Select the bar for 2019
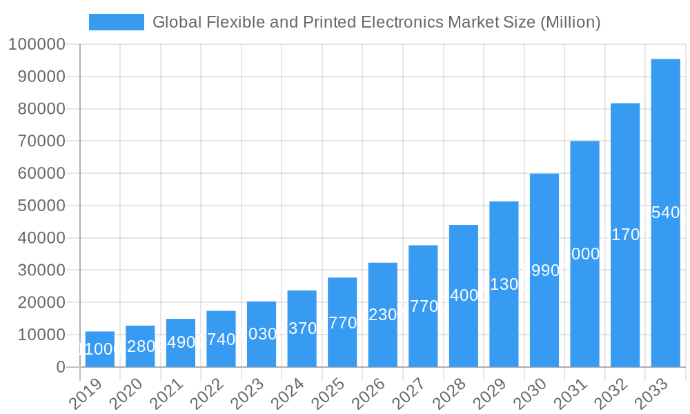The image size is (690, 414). pyautogui.click(x=100, y=349)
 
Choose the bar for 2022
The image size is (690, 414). pyautogui.click(x=221, y=339)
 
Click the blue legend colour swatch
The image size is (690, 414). pyautogui.click(x=117, y=22)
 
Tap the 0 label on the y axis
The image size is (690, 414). pyautogui.click(x=61, y=367)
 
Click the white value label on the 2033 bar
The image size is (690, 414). pyautogui.click(x=665, y=213)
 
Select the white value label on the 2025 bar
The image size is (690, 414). pyautogui.click(x=342, y=322)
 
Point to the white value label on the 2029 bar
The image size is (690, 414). pyautogui.click(x=504, y=284)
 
